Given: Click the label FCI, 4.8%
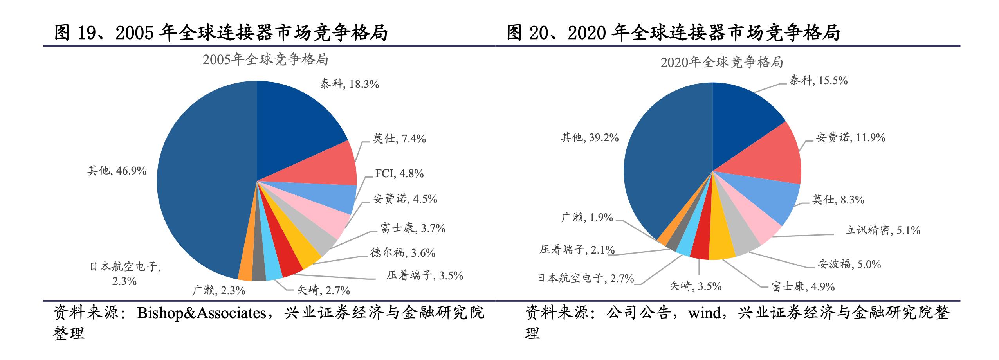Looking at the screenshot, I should pos(399,173).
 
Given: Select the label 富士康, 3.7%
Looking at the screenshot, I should pos(413,228).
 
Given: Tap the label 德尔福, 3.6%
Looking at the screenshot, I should pos(403,253).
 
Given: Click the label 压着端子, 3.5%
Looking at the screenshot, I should pos(425,275).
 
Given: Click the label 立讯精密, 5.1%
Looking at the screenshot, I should pos(883,230).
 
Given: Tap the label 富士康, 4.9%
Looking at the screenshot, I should pos(803,286).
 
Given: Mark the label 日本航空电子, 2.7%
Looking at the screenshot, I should pos(586,278).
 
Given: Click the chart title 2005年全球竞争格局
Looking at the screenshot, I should pos(265,59).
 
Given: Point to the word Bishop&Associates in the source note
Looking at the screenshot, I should pos(201,313).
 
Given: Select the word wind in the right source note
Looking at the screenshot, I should pos(705,313).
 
